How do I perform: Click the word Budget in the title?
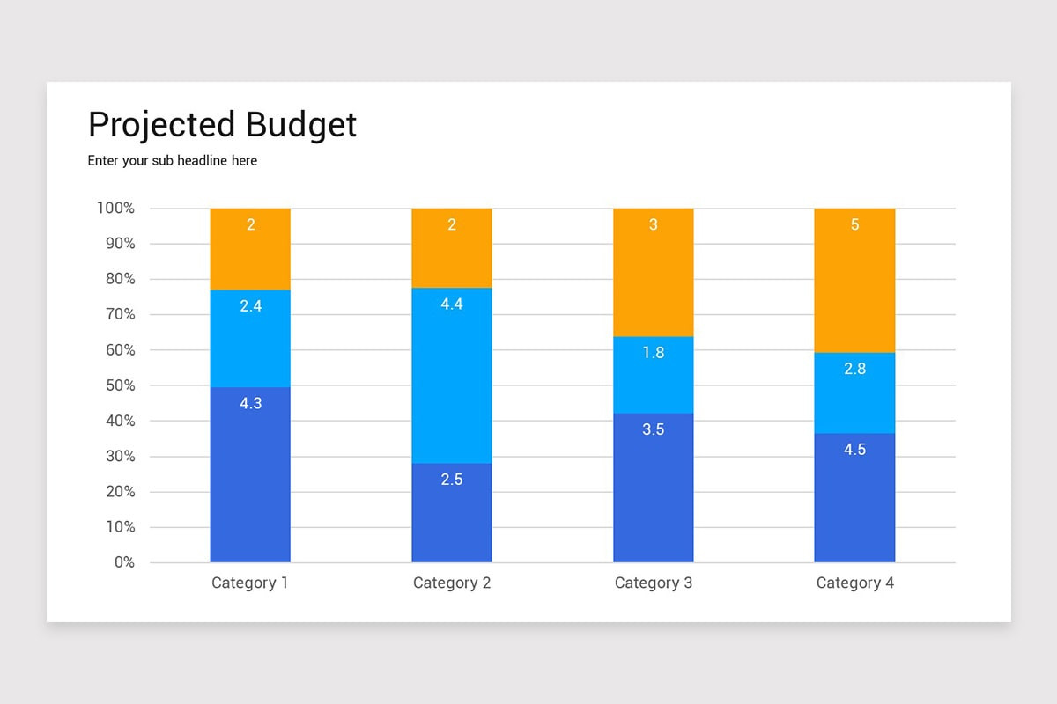(301, 125)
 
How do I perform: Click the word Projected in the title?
(162, 125)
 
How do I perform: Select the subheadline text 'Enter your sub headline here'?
(173, 161)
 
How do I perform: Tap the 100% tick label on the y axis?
(115, 209)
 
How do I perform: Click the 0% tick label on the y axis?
(123, 562)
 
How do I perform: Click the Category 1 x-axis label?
(250, 583)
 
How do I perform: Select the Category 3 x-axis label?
(653, 583)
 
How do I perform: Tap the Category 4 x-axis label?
(854, 583)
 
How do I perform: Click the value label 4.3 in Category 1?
(250, 404)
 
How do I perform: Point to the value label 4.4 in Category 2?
(452, 304)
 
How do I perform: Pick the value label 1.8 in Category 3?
(653, 353)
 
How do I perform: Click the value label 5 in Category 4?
(854, 225)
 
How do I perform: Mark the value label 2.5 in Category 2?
(452, 480)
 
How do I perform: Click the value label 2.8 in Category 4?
(854, 369)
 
